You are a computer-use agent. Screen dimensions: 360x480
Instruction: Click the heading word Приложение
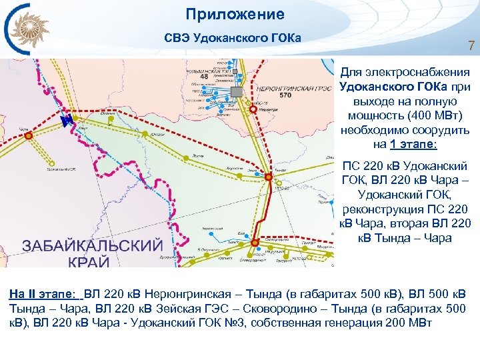click(235, 14)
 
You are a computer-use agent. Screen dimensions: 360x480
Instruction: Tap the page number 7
click(471, 47)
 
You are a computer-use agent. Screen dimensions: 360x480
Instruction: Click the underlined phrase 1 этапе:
click(413, 143)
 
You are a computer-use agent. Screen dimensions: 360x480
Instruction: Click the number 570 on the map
click(286, 95)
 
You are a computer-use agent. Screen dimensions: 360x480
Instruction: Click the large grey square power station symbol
click(235, 91)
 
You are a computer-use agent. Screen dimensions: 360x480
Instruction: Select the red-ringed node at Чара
click(28, 135)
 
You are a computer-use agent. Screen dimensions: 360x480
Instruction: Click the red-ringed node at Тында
click(267, 177)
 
